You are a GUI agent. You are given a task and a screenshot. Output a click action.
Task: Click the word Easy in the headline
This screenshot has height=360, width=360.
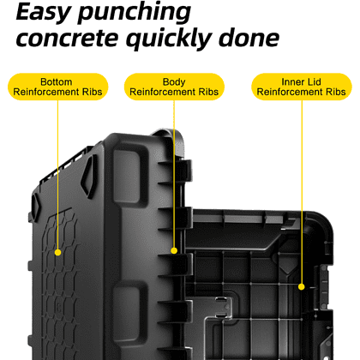44,13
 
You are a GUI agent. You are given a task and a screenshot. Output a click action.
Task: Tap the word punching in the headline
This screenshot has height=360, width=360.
135,13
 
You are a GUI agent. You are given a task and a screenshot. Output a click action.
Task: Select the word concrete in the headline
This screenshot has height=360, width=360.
67,39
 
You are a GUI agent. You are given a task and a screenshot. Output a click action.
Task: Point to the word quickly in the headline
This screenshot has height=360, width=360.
169,39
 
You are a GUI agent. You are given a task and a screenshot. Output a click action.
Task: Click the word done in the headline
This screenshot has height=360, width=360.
249,38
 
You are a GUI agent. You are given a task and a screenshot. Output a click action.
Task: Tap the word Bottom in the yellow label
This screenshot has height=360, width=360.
57,82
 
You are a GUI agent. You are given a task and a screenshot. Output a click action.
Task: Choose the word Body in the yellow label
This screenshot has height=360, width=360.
174,82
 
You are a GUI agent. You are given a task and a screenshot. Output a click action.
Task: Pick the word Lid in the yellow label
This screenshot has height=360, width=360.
315,82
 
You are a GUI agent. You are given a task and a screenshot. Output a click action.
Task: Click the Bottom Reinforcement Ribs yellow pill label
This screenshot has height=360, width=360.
57,87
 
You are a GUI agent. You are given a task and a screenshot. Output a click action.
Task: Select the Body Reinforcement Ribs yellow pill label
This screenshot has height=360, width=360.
174,87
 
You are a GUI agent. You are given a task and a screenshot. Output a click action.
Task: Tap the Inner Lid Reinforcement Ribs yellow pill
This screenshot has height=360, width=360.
302,87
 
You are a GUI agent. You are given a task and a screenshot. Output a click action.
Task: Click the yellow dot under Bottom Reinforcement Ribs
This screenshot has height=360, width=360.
57,252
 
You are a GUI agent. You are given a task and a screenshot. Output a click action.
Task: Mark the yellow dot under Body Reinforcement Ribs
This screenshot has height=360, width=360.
174,250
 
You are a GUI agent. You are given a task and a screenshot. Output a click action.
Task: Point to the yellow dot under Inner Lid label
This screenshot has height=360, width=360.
302,286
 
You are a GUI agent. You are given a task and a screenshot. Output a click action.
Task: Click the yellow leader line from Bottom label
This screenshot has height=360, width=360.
57,175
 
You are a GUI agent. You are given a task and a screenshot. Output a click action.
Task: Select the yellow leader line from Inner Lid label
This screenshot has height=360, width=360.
302,192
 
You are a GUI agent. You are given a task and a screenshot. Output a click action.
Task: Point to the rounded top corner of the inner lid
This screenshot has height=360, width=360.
324,220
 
